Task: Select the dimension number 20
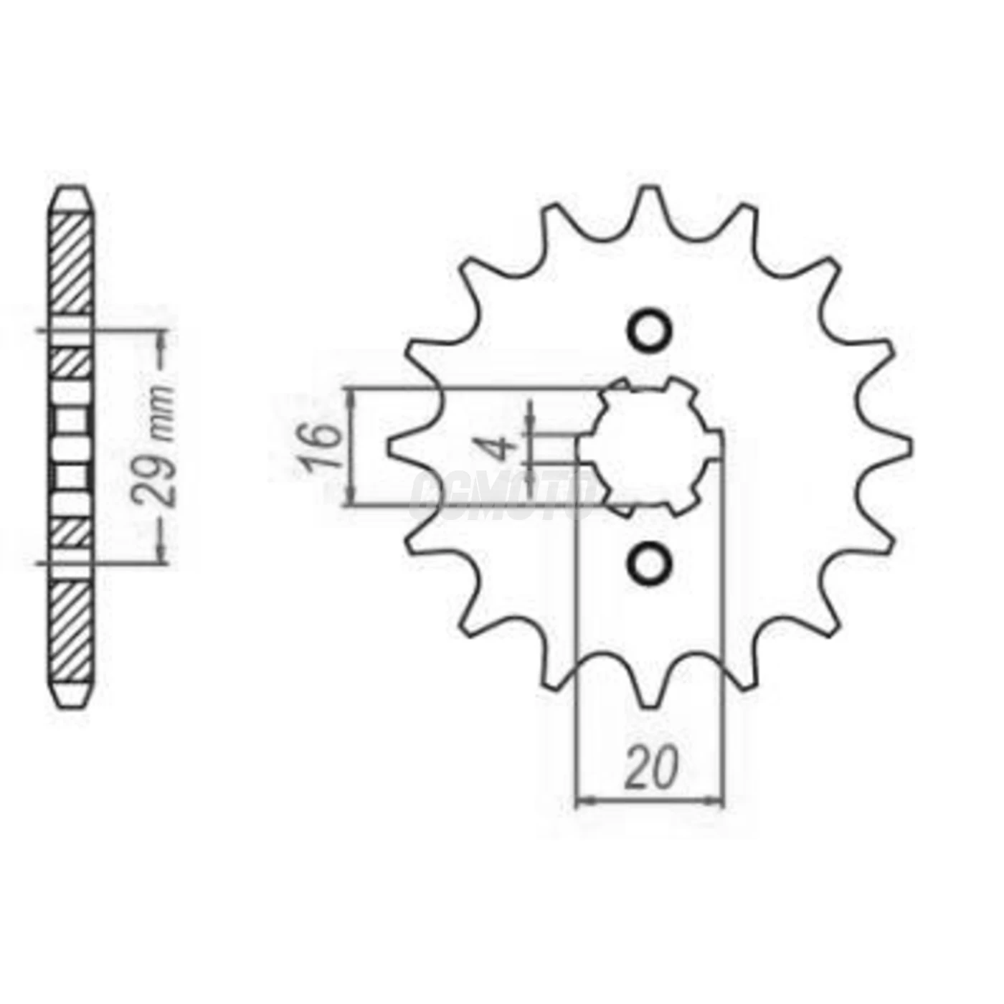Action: coord(651,768)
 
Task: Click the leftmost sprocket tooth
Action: coord(399,445)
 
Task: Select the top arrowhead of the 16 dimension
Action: coord(351,395)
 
